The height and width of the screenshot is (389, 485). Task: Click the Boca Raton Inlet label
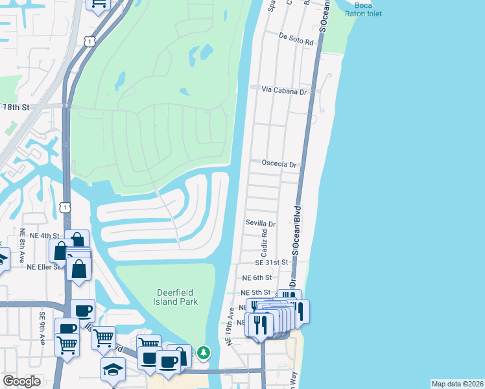(x=364, y=9)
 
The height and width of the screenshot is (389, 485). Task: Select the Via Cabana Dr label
(x=283, y=92)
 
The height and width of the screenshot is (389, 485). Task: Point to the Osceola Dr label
(x=279, y=164)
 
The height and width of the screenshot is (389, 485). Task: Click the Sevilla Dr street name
(x=260, y=223)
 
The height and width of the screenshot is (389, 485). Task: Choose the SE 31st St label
(x=271, y=263)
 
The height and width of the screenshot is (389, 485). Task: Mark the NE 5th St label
(x=255, y=292)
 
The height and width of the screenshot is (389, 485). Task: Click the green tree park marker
(x=204, y=353)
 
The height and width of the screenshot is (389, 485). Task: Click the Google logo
(x=21, y=381)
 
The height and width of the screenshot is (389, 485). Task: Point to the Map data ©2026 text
(x=457, y=384)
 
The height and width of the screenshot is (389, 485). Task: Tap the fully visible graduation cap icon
(x=113, y=370)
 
